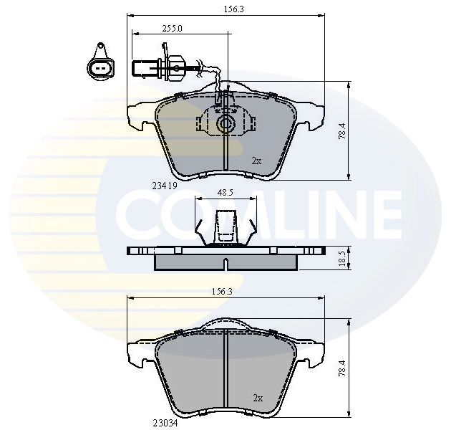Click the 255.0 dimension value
pos(172,28)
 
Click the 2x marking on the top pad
pos(256,161)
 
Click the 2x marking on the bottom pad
pos(258,397)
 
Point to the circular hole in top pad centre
pos(225,124)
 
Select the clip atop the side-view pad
pos(225,228)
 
